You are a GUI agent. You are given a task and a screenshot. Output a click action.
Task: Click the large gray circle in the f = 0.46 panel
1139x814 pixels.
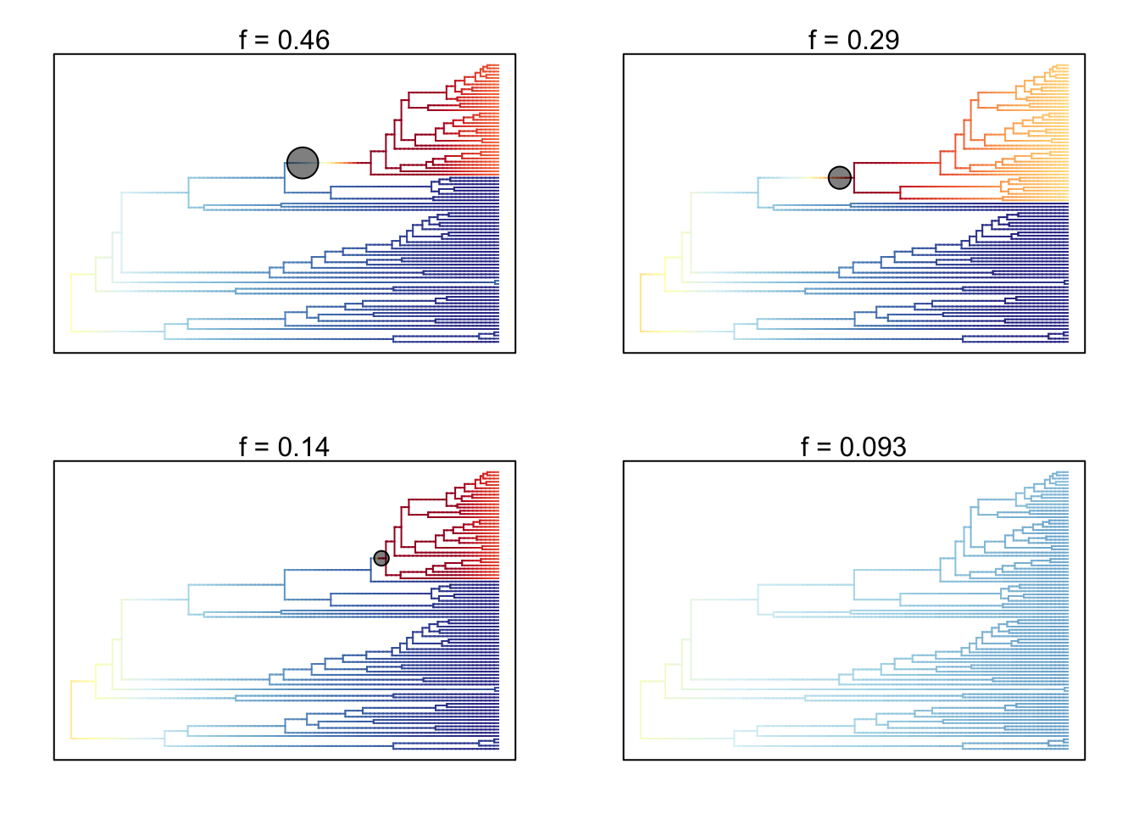(x=303, y=163)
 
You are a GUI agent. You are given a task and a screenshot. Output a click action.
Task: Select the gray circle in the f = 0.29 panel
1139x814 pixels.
(x=839, y=177)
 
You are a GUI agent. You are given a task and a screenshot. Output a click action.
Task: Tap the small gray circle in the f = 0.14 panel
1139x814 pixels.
(x=381, y=558)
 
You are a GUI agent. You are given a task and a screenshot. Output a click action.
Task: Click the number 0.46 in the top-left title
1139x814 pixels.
(x=303, y=41)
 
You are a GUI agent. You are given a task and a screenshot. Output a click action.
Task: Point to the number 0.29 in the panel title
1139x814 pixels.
(x=873, y=41)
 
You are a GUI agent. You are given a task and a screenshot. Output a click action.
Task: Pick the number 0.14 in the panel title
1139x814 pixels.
(x=303, y=448)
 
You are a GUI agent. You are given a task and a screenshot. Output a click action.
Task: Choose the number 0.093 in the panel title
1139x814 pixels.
(x=873, y=448)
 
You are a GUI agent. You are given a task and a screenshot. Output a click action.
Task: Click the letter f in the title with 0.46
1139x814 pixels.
(x=243, y=41)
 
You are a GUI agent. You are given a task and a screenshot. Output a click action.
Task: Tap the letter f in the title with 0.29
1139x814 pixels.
(x=813, y=41)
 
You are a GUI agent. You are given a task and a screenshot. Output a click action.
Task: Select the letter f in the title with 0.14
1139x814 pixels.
(x=243, y=448)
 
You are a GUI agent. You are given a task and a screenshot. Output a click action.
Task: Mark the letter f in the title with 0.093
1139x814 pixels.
(x=806, y=448)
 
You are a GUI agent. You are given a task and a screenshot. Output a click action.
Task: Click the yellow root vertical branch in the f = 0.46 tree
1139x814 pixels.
(x=71, y=302)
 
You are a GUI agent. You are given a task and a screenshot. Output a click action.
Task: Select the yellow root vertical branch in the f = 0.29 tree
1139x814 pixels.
(x=641, y=302)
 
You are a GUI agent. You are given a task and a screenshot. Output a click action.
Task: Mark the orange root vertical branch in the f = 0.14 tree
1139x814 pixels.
(x=71, y=709)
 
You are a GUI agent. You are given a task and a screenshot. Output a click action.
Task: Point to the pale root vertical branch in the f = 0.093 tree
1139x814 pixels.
(x=641, y=709)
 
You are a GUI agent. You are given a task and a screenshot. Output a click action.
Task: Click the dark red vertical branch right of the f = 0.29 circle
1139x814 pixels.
(x=853, y=177)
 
